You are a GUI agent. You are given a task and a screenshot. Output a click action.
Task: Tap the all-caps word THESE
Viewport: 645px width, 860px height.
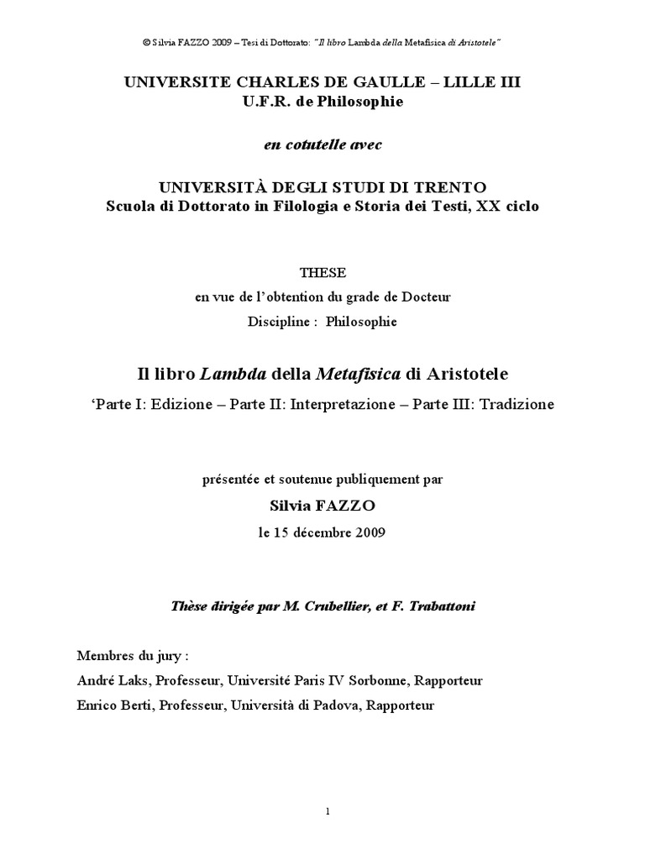(322, 274)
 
